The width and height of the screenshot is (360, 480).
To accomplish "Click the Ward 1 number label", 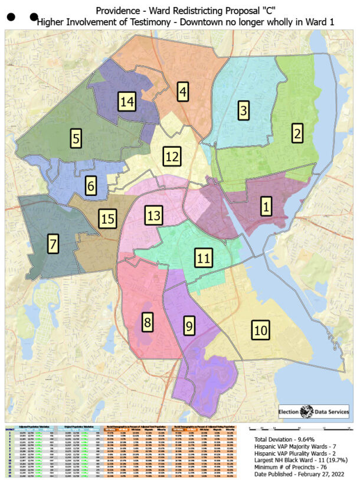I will click(266, 207).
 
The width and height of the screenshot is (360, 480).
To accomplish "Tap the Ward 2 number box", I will click(296, 133).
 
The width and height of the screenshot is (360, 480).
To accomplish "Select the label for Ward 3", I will click(243, 109).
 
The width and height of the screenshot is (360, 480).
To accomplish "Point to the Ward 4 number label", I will click(184, 92).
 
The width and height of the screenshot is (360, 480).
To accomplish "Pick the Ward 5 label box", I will click(76, 138).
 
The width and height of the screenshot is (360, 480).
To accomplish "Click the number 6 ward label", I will click(90, 186).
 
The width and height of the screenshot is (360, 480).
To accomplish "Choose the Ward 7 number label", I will click(54, 243).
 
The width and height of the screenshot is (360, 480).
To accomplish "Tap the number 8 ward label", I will click(147, 322).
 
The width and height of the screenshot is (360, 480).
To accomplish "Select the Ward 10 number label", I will click(260, 329).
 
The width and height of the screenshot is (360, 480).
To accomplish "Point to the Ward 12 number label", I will click(172, 157).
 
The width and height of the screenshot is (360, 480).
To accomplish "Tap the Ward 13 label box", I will click(153, 215).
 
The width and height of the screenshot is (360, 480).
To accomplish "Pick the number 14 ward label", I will click(127, 101).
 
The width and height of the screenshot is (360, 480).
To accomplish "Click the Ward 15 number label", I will click(107, 219).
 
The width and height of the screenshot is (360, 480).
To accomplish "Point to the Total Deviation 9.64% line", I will click(286, 440).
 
